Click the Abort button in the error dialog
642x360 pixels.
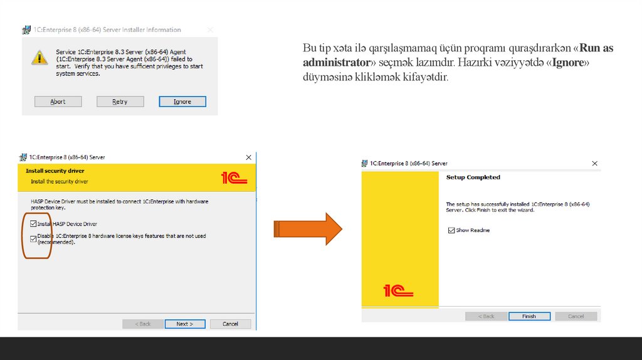tap(58, 102)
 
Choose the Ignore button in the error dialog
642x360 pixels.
tap(182, 102)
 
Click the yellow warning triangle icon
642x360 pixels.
tap(39, 58)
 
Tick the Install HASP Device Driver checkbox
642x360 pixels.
tap(33, 224)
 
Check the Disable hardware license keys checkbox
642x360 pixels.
tap(33, 239)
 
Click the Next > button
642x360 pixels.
tap(185, 324)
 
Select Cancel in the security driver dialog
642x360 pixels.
tap(231, 324)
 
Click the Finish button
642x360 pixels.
tap(529, 316)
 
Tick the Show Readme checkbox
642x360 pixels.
tap(451, 230)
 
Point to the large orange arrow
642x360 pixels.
tap(308, 229)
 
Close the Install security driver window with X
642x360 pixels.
tap(248, 157)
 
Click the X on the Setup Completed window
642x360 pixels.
tap(594, 164)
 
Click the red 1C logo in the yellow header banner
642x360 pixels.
tap(234, 177)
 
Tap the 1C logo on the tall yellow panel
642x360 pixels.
tap(398, 291)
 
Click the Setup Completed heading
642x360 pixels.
tap(473, 177)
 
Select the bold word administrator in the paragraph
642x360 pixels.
tap(337, 62)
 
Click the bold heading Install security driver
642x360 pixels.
tap(55, 171)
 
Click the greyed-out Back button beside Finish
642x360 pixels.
tap(487, 316)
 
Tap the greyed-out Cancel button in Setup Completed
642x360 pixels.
tap(576, 316)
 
